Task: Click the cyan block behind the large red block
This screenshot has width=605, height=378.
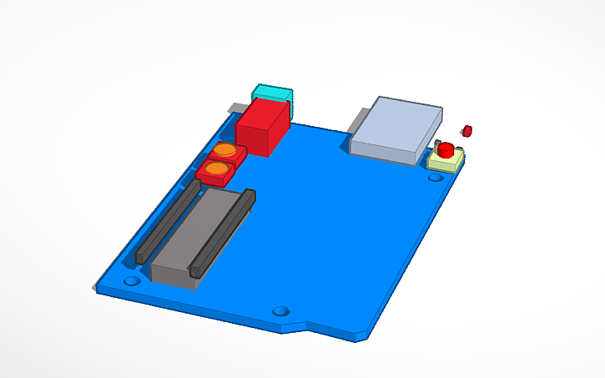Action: (271, 92)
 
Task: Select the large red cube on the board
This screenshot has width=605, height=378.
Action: (262, 125)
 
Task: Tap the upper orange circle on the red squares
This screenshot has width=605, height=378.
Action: (224, 151)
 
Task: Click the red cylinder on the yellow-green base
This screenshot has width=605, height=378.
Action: (446, 150)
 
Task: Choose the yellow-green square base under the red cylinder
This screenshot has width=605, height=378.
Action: (444, 162)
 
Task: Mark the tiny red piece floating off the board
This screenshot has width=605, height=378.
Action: (467, 129)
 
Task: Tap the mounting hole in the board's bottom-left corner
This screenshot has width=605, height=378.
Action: (131, 281)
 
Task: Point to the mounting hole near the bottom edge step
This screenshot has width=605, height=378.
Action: (281, 310)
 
